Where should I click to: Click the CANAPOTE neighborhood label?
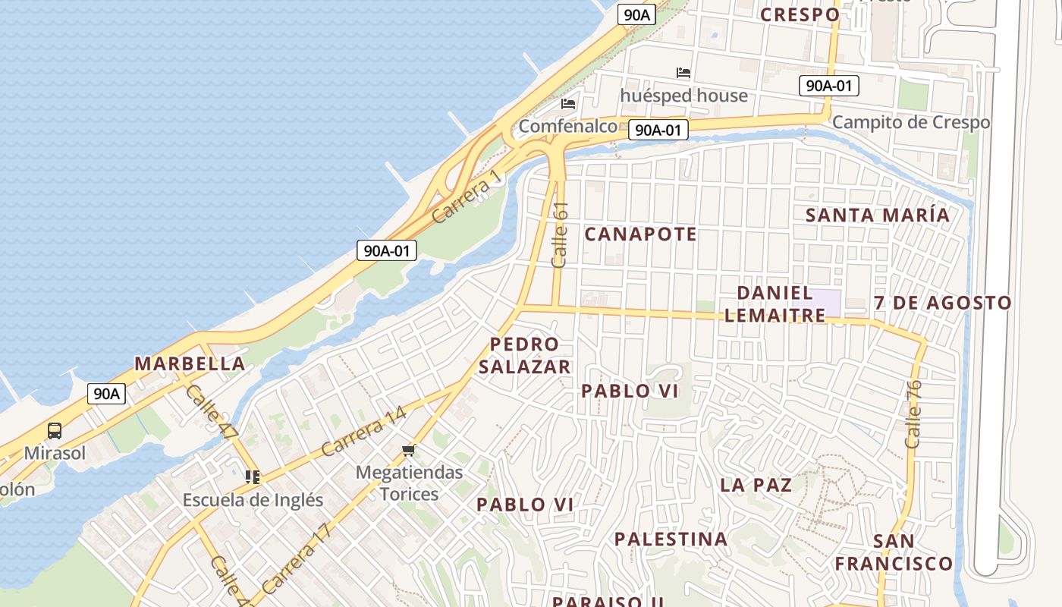(641, 234)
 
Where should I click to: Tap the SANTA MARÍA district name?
(878, 215)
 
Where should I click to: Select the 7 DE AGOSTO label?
(943, 303)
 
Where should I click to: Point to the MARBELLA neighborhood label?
(190, 363)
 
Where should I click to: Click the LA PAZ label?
(756, 485)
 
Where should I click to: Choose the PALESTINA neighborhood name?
(671, 539)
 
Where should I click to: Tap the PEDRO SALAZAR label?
(525, 356)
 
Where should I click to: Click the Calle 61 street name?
(561, 234)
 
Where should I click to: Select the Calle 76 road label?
(913, 414)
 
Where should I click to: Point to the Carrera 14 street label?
(363, 432)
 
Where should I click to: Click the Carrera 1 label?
(467, 197)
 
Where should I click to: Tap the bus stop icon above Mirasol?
(55, 431)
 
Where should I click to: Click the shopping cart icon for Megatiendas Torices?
(409, 451)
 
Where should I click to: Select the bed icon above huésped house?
(683, 74)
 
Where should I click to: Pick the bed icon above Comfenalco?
(568, 104)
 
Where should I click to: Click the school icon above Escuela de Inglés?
(253, 477)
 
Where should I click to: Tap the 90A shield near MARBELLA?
(106, 394)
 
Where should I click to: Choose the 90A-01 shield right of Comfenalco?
(658, 131)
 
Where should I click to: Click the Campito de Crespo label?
(911, 122)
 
